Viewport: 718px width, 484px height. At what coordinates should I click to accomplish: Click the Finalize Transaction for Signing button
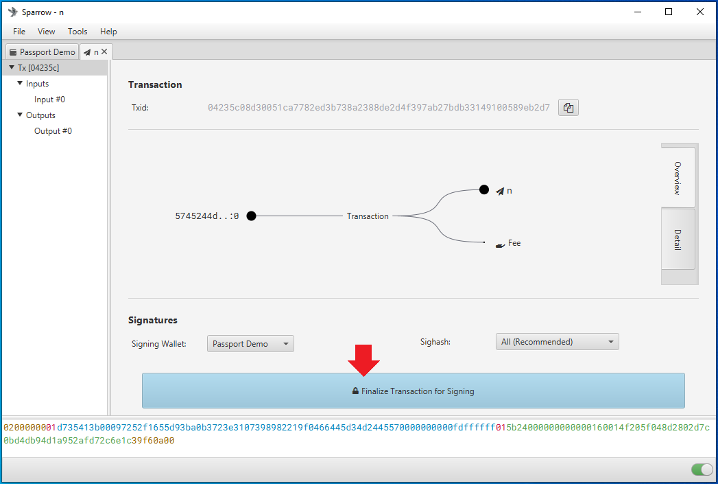click(413, 391)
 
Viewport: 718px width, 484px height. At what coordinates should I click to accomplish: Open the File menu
click(19, 31)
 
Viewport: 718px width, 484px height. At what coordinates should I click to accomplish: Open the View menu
click(46, 31)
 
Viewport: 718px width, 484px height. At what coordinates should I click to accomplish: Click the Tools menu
click(77, 31)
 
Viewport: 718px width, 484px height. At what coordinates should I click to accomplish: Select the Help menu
click(108, 31)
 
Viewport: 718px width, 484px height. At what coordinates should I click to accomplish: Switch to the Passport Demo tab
click(42, 51)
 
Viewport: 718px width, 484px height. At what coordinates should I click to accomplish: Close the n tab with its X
click(104, 51)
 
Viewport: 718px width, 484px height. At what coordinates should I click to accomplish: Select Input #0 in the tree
click(49, 100)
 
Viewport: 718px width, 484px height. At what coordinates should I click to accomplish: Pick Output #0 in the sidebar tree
click(53, 131)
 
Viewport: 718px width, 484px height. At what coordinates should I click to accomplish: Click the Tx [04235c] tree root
click(38, 68)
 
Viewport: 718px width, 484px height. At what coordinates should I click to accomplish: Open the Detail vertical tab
click(678, 239)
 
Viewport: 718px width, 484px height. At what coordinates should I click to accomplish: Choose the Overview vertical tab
click(678, 178)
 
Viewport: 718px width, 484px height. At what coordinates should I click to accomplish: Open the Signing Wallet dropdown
click(250, 344)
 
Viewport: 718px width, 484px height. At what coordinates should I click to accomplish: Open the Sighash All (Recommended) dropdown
click(558, 341)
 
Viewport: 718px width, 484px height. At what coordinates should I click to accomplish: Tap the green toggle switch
click(702, 470)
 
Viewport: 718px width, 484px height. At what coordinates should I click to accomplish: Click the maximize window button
click(669, 12)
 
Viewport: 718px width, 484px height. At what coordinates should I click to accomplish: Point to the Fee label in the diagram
click(514, 243)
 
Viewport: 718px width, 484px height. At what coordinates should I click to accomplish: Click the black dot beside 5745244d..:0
click(252, 216)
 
